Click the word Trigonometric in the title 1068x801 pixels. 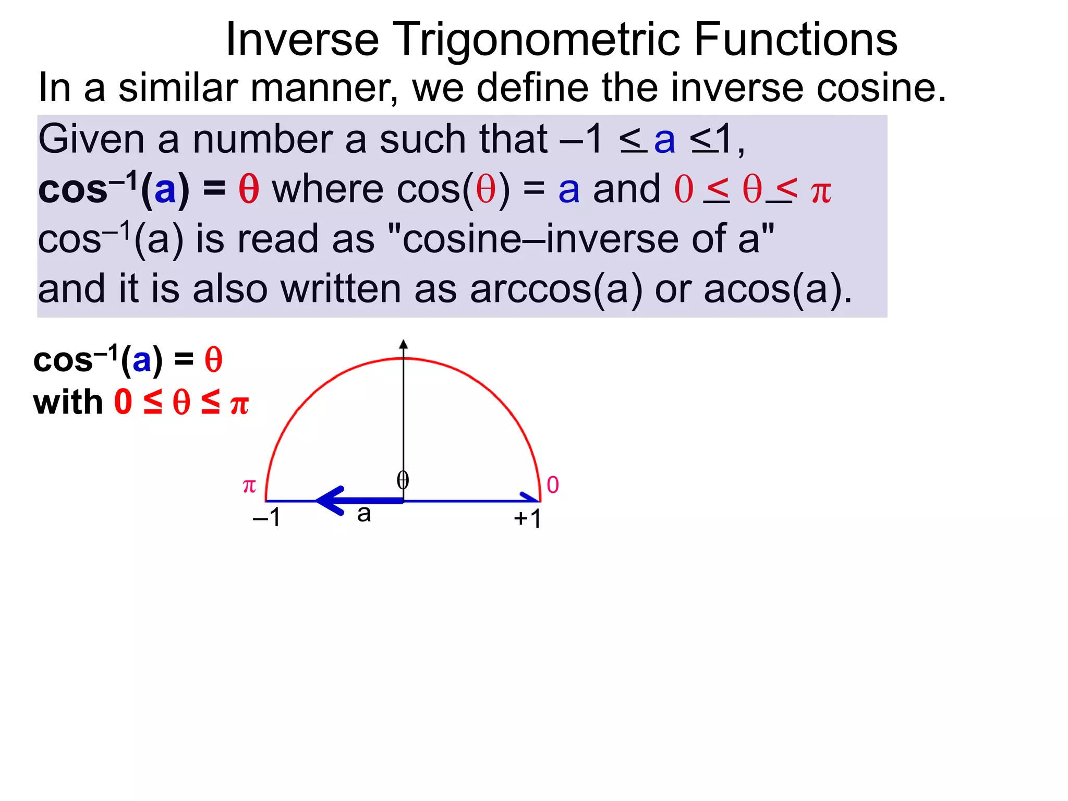point(536,41)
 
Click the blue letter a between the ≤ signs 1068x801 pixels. point(664,140)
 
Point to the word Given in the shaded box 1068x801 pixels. point(91,140)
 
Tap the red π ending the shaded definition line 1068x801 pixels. point(821,192)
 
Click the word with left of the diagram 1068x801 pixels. point(68,402)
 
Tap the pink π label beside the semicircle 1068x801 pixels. point(249,486)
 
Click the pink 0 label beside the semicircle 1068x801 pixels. point(553,485)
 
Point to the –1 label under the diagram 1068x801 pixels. point(266,517)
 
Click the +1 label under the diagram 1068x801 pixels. point(527,518)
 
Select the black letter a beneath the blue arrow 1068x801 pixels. point(364,514)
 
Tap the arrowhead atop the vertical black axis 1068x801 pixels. point(403,344)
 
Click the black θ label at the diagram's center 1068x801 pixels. point(403,480)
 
